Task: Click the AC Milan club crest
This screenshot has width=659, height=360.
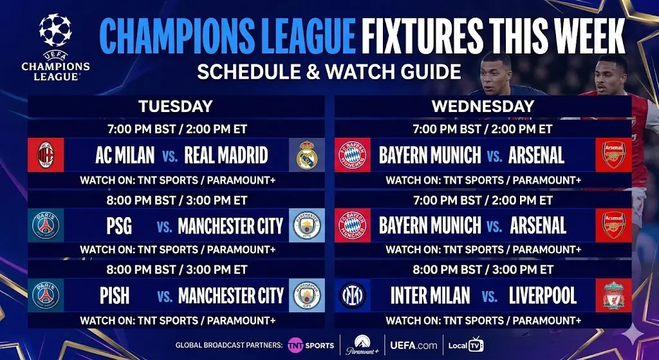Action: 47,155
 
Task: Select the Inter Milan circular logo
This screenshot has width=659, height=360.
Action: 352,296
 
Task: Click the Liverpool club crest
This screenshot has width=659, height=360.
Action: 613,296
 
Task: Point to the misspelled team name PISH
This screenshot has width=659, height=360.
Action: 115,296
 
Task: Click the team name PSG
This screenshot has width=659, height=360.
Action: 118,226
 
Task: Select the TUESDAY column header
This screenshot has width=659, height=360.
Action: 175,106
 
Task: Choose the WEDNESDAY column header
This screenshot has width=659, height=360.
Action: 483,106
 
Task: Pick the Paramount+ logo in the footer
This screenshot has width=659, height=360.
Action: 360,345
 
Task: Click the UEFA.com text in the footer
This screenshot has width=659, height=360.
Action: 413,345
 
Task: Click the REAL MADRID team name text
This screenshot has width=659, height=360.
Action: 226,155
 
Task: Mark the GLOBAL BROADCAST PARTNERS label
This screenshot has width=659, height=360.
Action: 228,345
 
